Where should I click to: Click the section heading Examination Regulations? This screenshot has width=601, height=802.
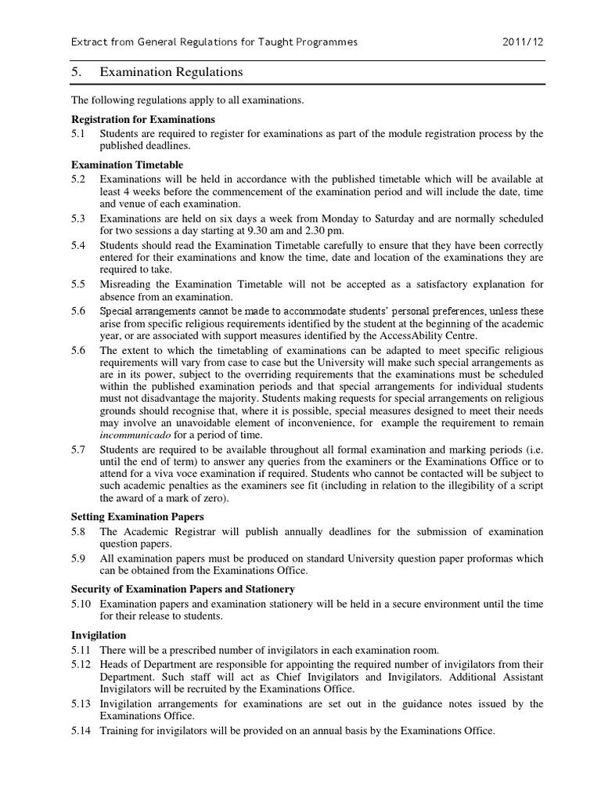[171, 72]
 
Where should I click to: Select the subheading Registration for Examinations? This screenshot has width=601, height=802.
[142, 119]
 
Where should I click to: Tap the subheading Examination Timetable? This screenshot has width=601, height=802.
[128, 164]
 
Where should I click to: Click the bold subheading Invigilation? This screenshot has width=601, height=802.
[99, 635]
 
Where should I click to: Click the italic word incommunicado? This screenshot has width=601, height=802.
[135, 435]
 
